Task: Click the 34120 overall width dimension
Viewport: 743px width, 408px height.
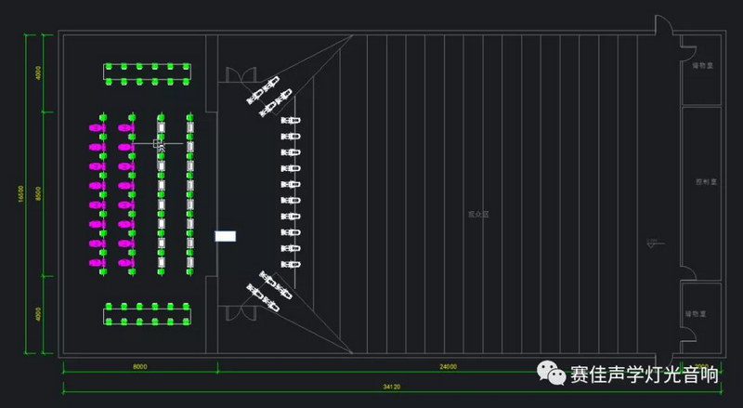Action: pos(376,385)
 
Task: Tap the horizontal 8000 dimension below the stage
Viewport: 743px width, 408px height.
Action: pos(139,367)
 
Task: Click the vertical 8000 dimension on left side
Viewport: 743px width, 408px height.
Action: pos(38,193)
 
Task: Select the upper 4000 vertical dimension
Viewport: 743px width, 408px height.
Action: pos(38,73)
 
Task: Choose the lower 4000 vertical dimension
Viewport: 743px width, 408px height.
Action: pos(38,314)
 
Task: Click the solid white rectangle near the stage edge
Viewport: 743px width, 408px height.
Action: pos(226,236)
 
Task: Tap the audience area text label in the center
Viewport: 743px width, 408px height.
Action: pos(478,214)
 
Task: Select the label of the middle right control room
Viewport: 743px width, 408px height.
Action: pos(702,183)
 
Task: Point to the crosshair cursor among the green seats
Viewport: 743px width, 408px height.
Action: pos(159,143)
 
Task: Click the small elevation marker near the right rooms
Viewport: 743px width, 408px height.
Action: pos(654,243)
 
